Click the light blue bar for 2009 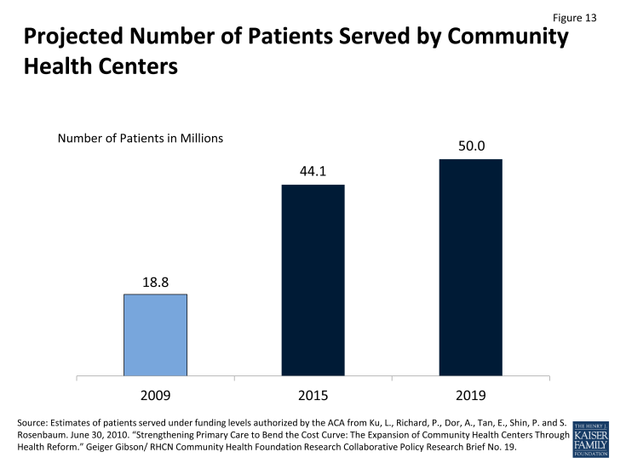(155, 334)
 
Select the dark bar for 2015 (313, 279)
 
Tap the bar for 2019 (470, 266)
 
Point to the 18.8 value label (155, 281)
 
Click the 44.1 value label (313, 171)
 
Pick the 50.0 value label (470, 146)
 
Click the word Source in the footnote (35, 424)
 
